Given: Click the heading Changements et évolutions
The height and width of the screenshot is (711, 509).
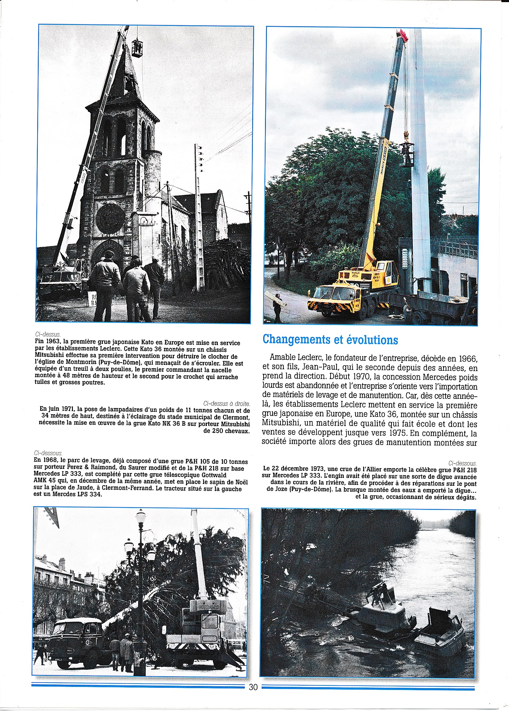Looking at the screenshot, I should tap(330, 340).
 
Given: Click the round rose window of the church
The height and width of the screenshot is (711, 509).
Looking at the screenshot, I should tap(110, 216).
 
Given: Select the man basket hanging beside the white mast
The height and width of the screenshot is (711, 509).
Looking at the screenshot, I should tap(407, 154).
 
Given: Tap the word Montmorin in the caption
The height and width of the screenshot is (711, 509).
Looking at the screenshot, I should tap(80, 363).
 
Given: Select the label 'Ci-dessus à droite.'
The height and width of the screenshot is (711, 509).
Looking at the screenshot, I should tap(227, 403).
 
